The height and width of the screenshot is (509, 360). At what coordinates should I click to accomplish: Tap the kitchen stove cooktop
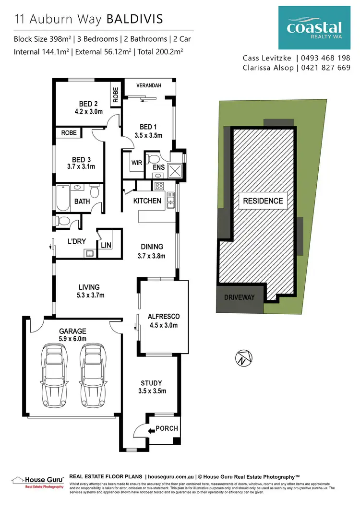(158, 186)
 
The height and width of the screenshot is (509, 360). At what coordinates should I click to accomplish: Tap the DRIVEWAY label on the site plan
(240, 297)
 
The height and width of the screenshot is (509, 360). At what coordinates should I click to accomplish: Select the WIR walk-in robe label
(136, 163)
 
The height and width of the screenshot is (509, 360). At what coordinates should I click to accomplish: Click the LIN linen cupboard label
(106, 245)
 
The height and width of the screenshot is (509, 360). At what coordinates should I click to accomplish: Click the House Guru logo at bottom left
(37, 481)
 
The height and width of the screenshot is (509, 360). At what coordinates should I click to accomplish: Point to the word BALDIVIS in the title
(134, 19)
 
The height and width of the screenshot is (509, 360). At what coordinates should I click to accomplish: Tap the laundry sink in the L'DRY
(89, 253)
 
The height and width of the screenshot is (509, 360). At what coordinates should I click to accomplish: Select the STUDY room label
(151, 383)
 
